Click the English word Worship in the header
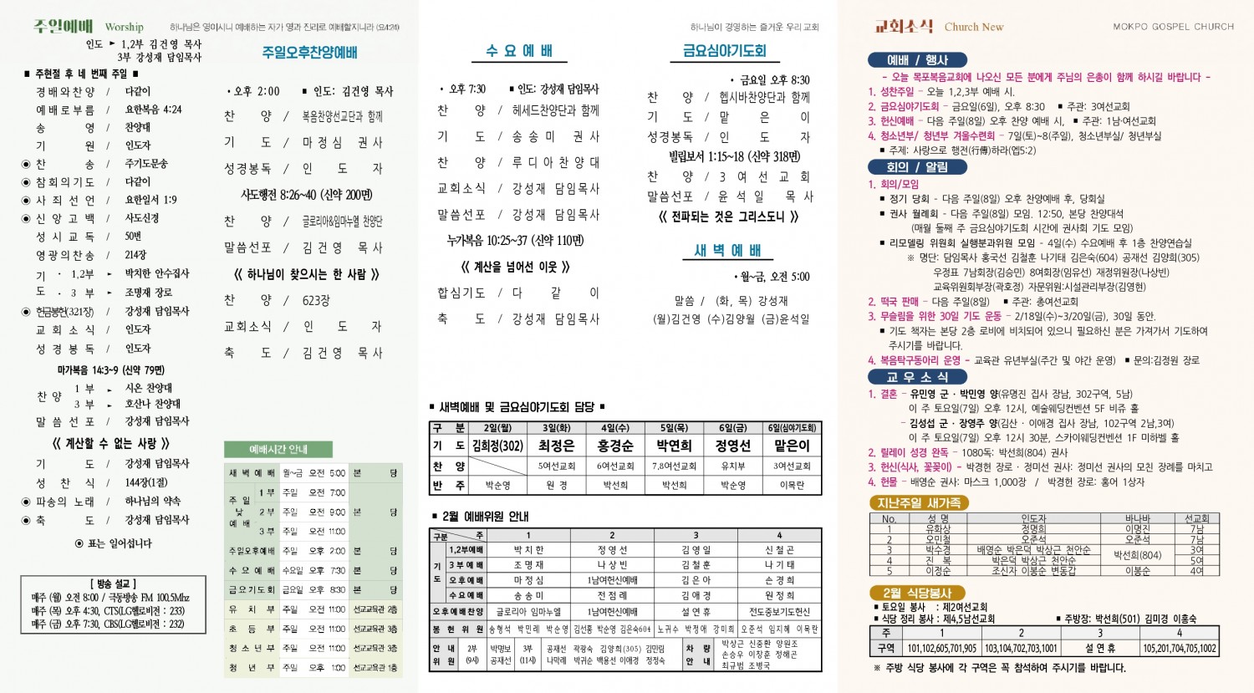[x=125, y=27]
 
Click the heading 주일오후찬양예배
[x=309, y=53]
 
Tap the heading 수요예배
[x=519, y=51]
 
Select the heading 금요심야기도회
[x=724, y=51]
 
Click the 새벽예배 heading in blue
[x=727, y=250]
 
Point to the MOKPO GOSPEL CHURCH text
[x=1173, y=27]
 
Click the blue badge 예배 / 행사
[x=917, y=60]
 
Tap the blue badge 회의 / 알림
[x=916, y=167]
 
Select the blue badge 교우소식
[x=916, y=377]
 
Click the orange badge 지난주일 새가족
[x=918, y=502]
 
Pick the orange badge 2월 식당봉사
[x=917, y=593]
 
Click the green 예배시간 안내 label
[x=278, y=449]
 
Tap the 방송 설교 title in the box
[x=113, y=583]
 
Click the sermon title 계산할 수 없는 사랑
[x=111, y=443]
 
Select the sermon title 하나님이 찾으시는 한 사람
[x=307, y=274]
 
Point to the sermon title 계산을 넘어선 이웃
[x=515, y=267]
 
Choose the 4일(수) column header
[x=615, y=428]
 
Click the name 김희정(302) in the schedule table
[x=497, y=446]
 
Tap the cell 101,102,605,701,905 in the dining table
[x=941, y=648]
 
